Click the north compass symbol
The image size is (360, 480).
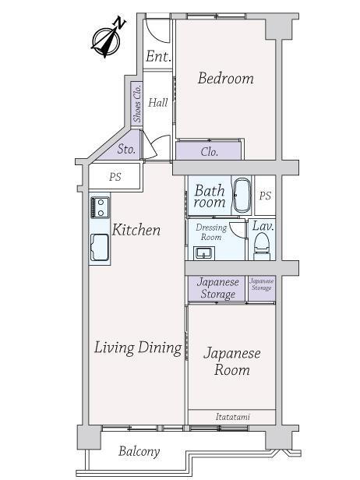click(107, 41)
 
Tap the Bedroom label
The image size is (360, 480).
click(226, 78)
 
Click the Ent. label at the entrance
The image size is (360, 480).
click(158, 56)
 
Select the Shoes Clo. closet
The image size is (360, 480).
click(137, 103)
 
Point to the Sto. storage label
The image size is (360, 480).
click(126, 150)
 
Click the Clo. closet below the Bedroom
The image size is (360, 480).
click(210, 151)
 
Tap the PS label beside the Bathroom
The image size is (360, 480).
click(265, 196)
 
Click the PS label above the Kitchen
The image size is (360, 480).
click(115, 177)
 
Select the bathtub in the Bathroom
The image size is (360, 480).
click(242, 196)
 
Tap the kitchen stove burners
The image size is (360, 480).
click(100, 207)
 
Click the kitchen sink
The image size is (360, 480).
click(100, 247)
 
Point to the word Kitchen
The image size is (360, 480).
click(136, 230)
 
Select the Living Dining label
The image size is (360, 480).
click(138, 348)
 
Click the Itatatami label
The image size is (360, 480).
click(233, 417)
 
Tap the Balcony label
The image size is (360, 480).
click(139, 451)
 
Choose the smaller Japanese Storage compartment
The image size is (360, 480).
click(262, 288)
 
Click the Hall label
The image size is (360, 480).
click(158, 102)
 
